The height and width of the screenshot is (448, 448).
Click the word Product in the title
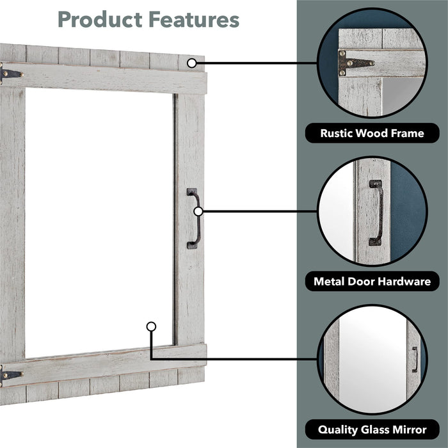100,19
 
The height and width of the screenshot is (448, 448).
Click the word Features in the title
194,19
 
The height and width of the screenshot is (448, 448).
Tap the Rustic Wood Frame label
372,133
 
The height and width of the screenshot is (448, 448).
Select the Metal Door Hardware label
372,282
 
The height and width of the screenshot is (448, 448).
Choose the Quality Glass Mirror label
372,429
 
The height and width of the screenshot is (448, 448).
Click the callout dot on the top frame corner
192,63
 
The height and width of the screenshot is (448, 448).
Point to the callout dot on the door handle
198,211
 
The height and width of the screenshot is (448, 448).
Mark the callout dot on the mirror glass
151,326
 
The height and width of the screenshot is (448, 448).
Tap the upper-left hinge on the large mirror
10,74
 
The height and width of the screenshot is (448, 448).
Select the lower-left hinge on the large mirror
10,375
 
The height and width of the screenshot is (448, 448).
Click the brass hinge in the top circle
355,63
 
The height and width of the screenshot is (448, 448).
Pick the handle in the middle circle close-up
376,212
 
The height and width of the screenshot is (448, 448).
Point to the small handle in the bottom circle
415,360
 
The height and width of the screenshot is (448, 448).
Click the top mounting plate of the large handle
192,192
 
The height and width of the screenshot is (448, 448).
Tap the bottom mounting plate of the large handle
192,245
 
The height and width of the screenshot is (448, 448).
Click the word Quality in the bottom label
338,430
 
